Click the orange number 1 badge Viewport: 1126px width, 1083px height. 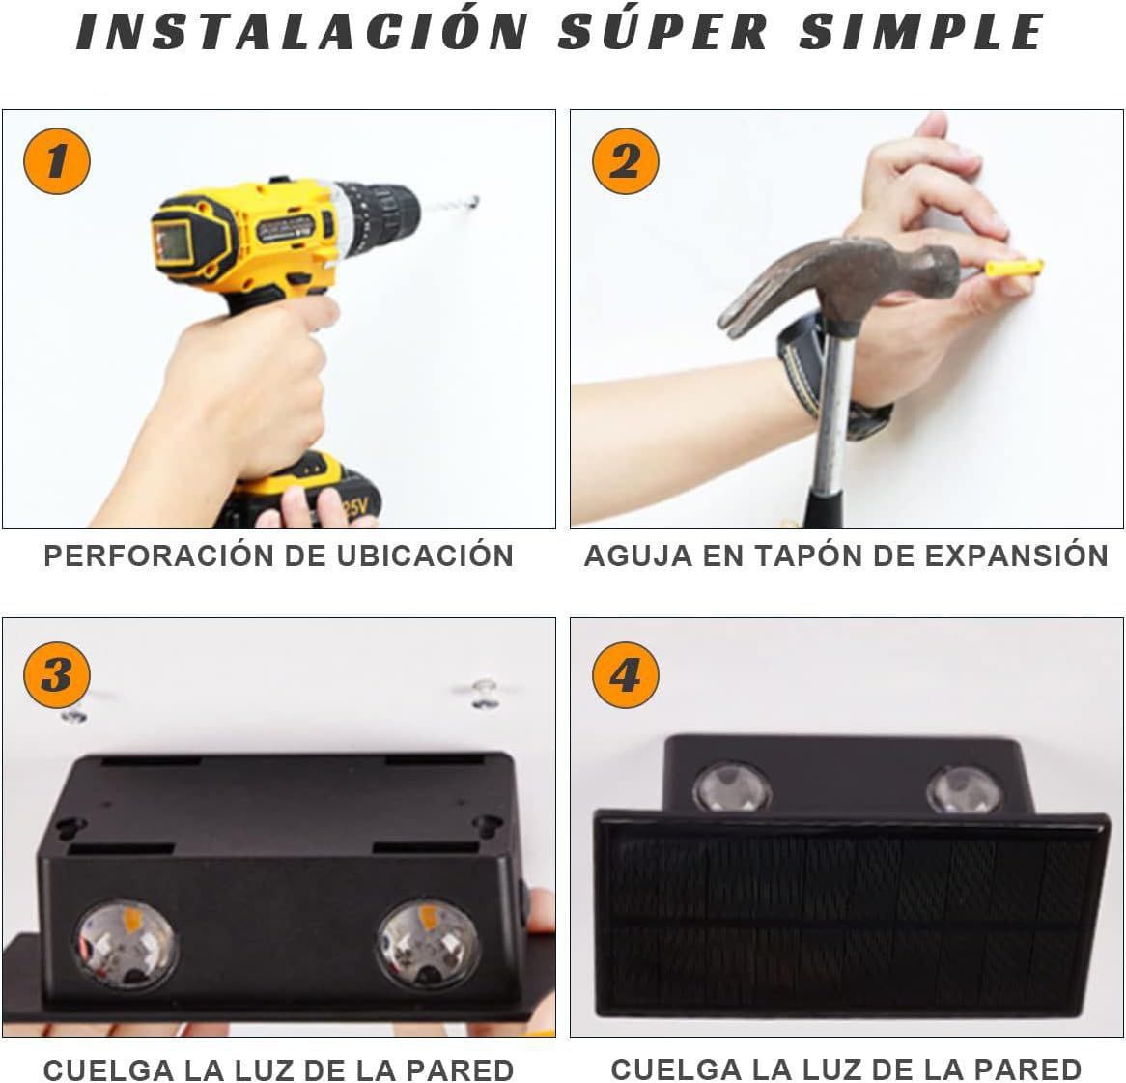(56, 160)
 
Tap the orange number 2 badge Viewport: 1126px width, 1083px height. (625, 160)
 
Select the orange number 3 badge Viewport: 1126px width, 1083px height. (56, 674)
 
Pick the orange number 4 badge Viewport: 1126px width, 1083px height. (625, 674)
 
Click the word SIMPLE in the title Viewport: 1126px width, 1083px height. (921, 32)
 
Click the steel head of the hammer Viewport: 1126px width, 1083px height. (850, 280)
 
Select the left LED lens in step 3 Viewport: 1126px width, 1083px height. (126, 943)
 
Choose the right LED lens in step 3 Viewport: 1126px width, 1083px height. (427, 943)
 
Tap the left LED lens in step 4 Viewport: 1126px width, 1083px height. (731, 786)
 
